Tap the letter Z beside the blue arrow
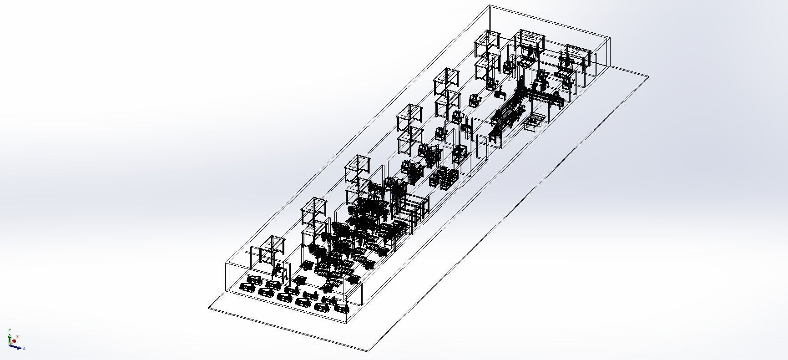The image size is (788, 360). (x=24, y=348)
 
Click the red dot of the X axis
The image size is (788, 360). (x=14, y=341)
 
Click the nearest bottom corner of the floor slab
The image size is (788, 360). (x=368, y=351)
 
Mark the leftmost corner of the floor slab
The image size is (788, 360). (x=209, y=309)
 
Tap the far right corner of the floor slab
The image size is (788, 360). (x=648, y=76)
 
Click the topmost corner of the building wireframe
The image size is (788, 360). (x=490, y=5)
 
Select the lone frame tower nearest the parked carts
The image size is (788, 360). (x=272, y=250)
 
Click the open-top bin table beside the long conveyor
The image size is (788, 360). (x=535, y=121)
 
